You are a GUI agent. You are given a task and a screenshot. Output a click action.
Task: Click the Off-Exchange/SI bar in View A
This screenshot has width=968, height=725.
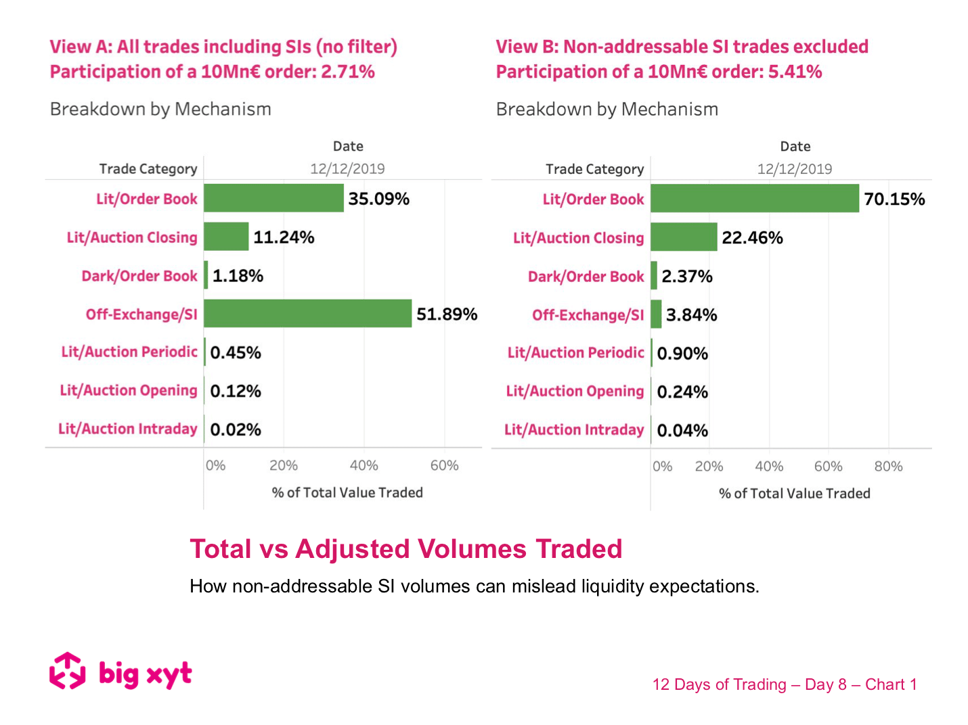[x=307, y=314]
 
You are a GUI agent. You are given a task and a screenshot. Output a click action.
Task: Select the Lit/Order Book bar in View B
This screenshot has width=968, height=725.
[x=754, y=199]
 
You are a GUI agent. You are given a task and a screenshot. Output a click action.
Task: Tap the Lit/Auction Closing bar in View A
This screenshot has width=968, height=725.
[x=226, y=237]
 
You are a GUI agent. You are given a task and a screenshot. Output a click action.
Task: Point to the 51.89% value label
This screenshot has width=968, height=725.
[x=447, y=314]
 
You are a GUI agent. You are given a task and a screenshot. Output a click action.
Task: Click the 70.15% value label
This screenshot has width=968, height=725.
[x=894, y=200]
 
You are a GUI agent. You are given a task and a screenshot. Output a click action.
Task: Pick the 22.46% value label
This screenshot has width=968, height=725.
[x=752, y=238]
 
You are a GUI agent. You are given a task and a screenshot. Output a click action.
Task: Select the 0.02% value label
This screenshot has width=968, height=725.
[x=236, y=430]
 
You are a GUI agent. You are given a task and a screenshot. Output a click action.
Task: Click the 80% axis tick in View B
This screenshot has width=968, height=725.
[x=888, y=467]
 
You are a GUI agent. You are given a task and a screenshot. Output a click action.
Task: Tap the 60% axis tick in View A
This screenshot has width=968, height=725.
[x=444, y=466]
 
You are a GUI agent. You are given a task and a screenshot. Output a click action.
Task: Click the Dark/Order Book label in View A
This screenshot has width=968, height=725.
[x=139, y=276]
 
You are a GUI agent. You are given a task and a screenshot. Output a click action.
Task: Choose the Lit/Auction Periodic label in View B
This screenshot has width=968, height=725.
[x=575, y=353]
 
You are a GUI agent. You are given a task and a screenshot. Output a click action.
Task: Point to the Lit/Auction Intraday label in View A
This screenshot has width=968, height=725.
[x=127, y=429]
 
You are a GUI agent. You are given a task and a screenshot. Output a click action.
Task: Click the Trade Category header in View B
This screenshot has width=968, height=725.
[x=594, y=169]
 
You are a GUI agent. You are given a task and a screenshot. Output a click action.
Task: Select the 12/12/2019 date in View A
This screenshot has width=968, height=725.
[x=347, y=169]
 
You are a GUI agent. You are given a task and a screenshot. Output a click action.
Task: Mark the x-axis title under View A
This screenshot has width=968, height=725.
[x=347, y=493]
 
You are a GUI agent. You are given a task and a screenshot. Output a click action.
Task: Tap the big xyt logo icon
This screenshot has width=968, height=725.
[x=68, y=672]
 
